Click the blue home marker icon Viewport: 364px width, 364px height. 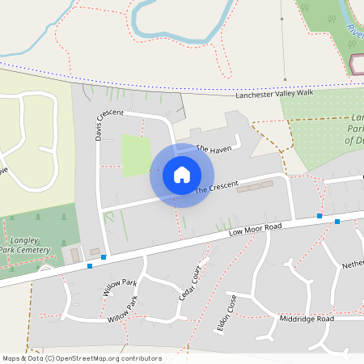(x=182, y=175)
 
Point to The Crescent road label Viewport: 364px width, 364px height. (x=217, y=188)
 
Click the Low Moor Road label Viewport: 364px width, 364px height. (x=255, y=230)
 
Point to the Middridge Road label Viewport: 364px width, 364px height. (x=307, y=320)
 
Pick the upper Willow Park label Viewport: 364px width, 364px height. (x=119, y=288)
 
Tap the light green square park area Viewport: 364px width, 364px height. (x=136, y=155)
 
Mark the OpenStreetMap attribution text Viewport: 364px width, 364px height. (x=81, y=358)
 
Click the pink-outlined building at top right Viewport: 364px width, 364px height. (x=357, y=64)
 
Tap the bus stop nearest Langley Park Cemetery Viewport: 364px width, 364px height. (x=90, y=265)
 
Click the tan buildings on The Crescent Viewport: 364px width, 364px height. (x=255, y=186)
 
